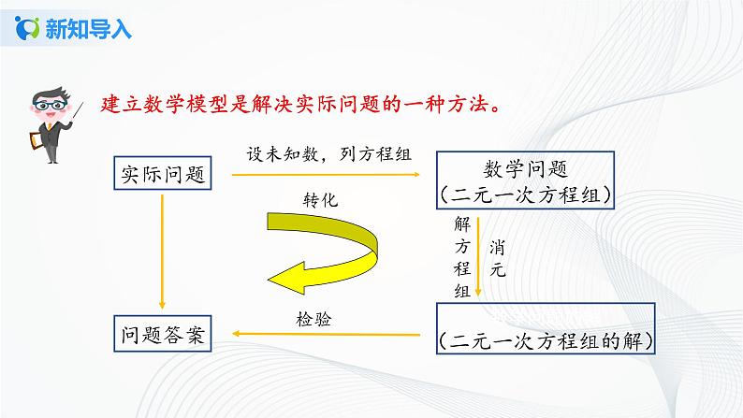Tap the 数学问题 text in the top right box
pos(526,168)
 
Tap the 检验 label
pos(312,319)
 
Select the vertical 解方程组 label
pos(460,256)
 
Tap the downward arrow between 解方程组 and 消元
pos(479,256)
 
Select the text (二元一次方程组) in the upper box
pos(526,195)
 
